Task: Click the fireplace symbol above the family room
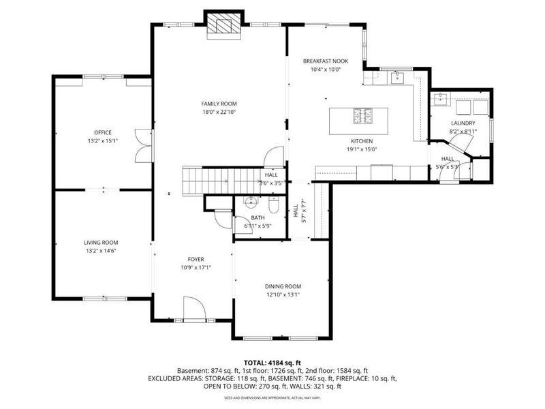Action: tap(225, 24)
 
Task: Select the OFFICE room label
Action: tap(103, 132)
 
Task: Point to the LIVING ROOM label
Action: tap(102, 242)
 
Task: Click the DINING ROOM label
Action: tap(283, 286)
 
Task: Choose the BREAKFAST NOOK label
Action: tap(325, 61)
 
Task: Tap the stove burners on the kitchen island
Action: tap(362, 117)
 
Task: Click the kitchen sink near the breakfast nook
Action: tap(397, 77)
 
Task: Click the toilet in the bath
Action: tap(272, 204)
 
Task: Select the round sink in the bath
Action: tap(250, 202)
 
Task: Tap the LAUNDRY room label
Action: tap(463, 123)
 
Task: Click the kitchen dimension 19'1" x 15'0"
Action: tap(362, 149)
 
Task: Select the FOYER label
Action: tap(196, 259)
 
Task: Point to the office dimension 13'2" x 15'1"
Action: tap(103, 141)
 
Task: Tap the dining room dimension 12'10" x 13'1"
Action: tap(283, 295)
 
